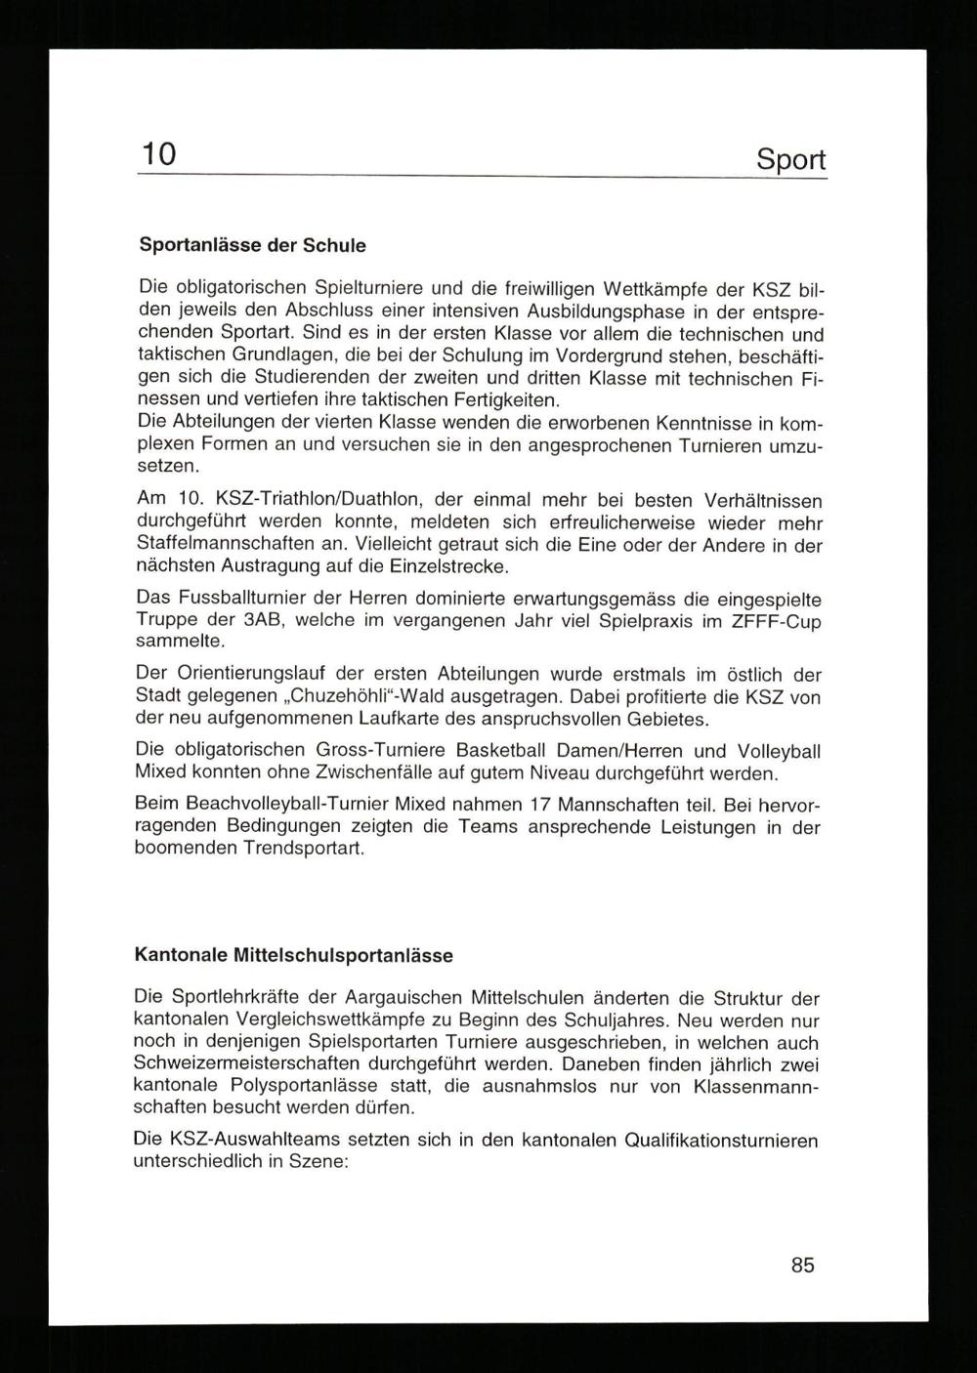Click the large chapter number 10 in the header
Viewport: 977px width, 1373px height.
pyautogui.click(x=158, y=154)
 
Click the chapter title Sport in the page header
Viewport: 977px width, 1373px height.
pyautogui.click(x=790, y=160)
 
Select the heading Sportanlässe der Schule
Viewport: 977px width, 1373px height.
pyautogui.click(x=252, y=245)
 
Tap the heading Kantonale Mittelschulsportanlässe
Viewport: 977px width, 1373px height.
pyautogui.click(x=293, y=956)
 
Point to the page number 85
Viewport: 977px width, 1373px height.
pyautogui.click(x=802, y=1265)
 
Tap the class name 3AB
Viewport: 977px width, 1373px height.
pyautogui.click(x=262, y=620)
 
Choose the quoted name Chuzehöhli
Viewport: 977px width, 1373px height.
pyautogui.click(x=348, y=697)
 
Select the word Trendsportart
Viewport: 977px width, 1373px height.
pyautogui.click(x=304, y=848)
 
